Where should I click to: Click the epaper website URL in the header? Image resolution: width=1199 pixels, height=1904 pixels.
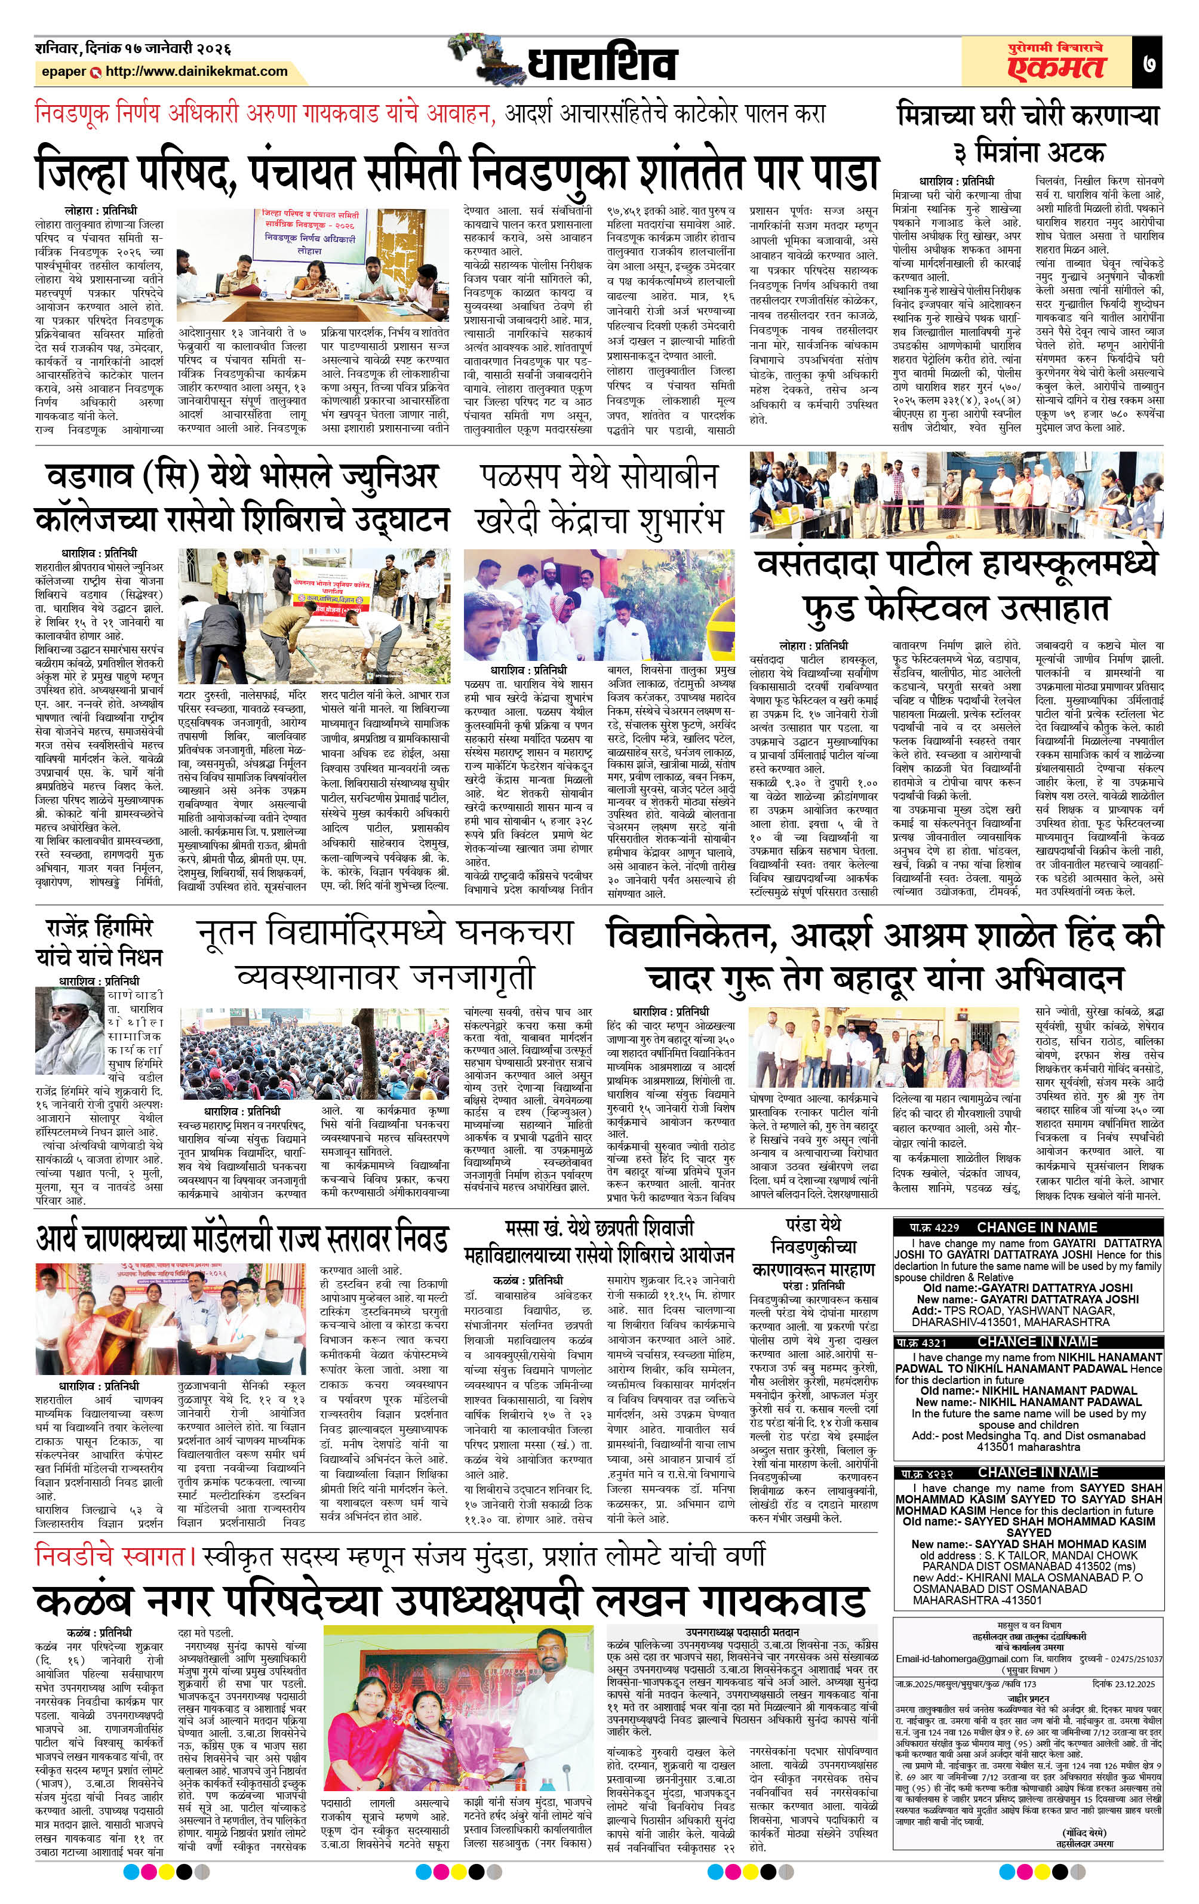coord(196,71)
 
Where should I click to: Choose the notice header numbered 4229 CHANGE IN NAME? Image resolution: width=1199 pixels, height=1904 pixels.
coord(1028,1227)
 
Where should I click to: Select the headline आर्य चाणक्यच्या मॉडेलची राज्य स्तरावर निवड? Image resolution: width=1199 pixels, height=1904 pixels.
coord(242,1238)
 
